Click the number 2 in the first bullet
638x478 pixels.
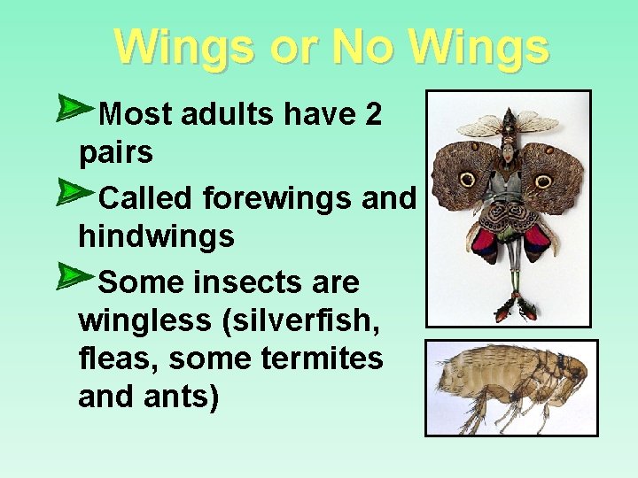(x=373, y=114)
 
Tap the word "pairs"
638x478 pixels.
(x=115, y=153)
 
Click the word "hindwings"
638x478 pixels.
(x=156, y=236)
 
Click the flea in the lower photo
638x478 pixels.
(x=509, y=383)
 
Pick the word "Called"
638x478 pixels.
(x=146, y=198)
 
